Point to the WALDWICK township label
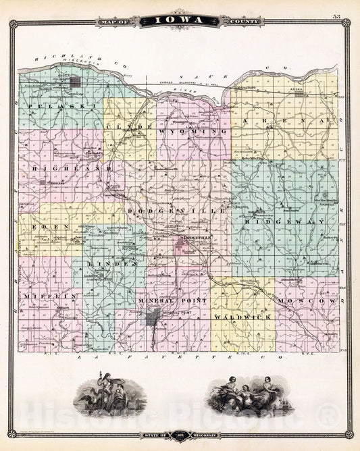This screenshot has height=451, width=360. tap(232, 316)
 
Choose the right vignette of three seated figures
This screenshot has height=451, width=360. tap(247, 396)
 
